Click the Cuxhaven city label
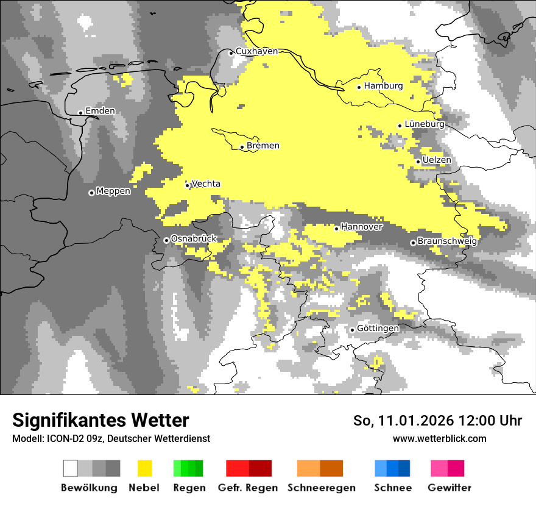pos(256,51)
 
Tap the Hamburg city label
pos(384,86)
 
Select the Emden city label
pos(100,111)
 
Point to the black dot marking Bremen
pos(242,147)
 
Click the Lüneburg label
pos(425,124)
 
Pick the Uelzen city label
pos(437,160)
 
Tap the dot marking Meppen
pos(91,193)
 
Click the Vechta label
pos(206,184)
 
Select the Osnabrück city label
pos(194,239)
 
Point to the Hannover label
pos(361,227)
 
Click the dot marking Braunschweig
pos(413,243)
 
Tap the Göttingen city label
pos(378,328)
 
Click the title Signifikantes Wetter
pos(100,420)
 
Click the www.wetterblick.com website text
pos(439,438)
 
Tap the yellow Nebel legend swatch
pos(144,468)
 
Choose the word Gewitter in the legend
pos(449,488)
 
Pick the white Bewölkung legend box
pos(71,468)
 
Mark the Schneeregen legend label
pos(322,488)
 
